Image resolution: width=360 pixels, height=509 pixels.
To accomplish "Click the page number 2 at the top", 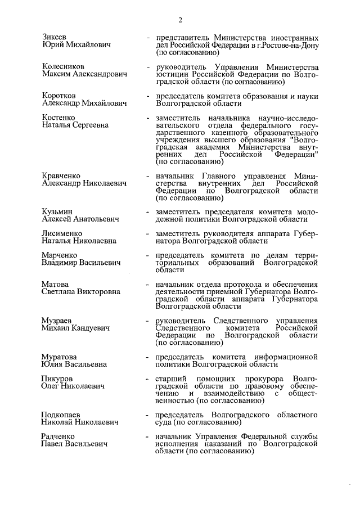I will coord(181,21).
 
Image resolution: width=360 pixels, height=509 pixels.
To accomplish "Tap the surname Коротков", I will coord(58,96).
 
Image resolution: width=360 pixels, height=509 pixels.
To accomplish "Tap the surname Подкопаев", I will coord(61,415).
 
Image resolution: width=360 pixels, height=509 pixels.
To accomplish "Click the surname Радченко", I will coord(58,437).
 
